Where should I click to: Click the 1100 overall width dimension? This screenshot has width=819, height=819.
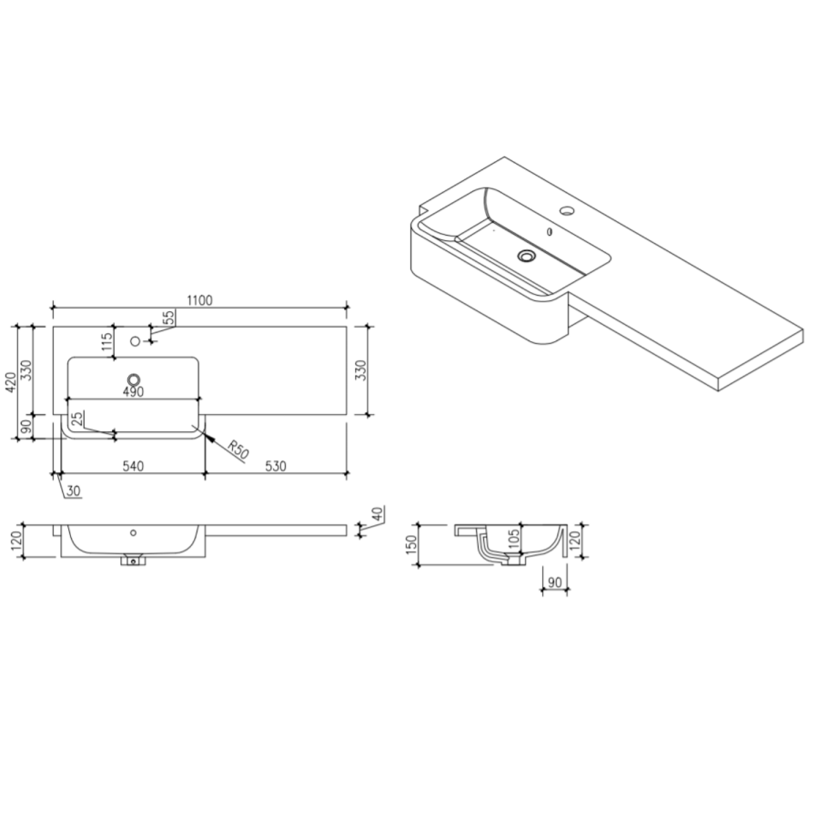[199, 300]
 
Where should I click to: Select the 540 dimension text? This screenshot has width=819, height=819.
[133, 467]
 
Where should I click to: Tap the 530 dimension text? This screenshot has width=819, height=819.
[276, 467]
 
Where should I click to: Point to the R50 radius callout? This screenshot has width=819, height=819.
[238, 450]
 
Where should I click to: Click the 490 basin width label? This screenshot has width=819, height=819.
[134, 392]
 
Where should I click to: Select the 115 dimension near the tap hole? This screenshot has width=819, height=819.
[106, 343]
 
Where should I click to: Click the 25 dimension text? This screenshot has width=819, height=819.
[77, 419]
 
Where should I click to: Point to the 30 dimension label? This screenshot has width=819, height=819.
[74, 491]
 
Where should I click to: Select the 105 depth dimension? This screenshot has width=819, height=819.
[513, 539]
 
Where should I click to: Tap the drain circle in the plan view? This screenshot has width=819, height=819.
[134, 379]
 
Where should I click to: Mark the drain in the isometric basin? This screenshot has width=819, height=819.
[526, 257]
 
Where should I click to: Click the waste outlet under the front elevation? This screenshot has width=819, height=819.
[135, 561]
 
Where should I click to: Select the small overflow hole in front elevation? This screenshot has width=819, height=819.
[133, 532]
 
